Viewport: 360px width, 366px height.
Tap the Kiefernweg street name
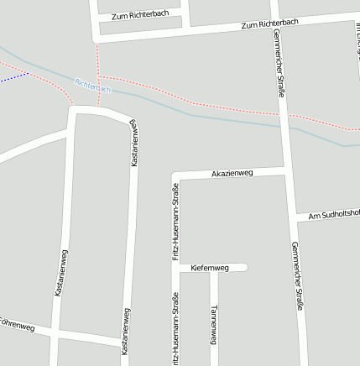click(x=210, y=268)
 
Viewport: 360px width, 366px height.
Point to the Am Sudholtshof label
click(x=333, y=215)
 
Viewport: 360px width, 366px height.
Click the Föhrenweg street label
click(x=17, y=324)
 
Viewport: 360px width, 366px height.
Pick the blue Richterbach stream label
click(x=92, y=85)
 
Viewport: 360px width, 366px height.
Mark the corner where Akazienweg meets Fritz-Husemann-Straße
click(x=176, y=177)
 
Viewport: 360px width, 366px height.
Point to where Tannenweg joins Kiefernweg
click(x=213, y=269)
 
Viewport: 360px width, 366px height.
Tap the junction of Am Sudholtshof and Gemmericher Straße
click(x=295, y=217)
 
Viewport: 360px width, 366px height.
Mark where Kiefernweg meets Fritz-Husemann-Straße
click(x=176, y=269)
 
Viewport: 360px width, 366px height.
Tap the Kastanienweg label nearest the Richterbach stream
click(x=133, y=143)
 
